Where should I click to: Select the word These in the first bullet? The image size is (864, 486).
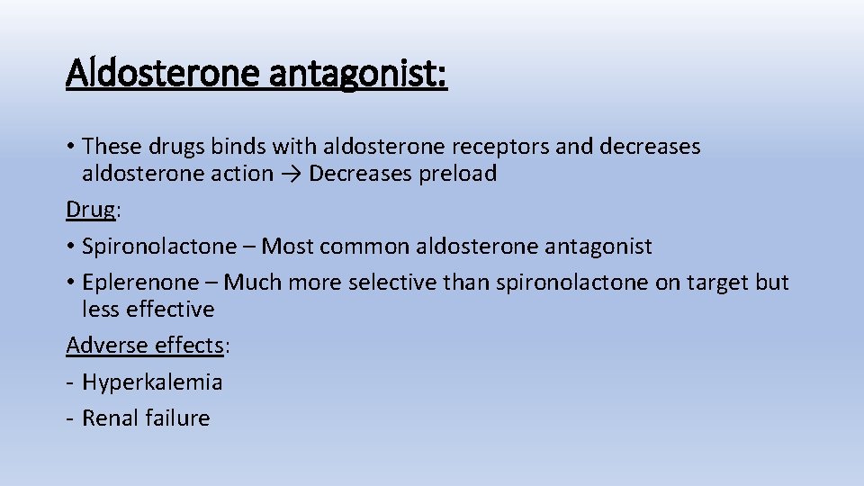pos(110,146)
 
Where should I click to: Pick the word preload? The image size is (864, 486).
pos(457,175)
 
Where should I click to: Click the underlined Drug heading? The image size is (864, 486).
pos(90,210)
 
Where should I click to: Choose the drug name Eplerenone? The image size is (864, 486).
pos(139,283)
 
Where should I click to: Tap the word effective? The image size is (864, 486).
pos(172,310)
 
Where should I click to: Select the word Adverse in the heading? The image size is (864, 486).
pos(102,345)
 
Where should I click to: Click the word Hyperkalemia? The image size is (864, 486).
pos(152,382)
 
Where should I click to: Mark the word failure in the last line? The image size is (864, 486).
pos(177,418)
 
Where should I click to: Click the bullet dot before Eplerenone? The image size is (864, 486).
pos(71,283)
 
